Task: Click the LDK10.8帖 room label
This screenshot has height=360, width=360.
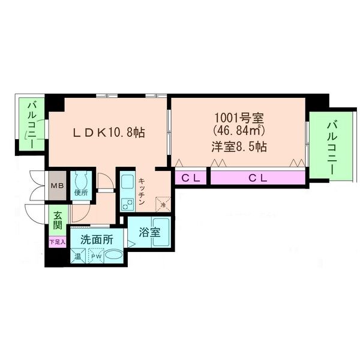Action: click(x=108, y=130)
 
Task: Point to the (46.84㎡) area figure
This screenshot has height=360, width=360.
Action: click(x=239, y=130)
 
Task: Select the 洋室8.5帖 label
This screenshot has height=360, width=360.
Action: click(x=239, y=146)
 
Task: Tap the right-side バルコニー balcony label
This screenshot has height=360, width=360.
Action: click(x=331, y=146)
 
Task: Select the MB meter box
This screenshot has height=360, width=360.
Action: click(x=58, y=185)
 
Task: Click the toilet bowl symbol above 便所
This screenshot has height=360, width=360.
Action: click(x=82, y=180)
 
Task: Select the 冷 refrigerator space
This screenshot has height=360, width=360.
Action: click(x=163, y=204)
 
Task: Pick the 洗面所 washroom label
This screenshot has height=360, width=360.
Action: click(x=96, y=239)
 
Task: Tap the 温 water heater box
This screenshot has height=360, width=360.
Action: click(x=78, y=257)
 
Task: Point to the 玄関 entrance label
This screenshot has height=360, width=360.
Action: click(x=58, y=221)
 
